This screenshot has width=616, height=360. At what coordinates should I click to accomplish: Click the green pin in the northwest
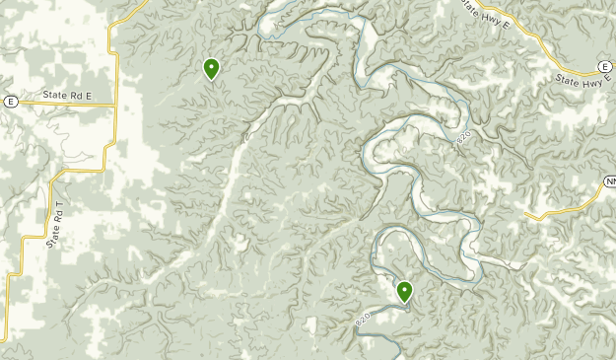(x=211, y=69)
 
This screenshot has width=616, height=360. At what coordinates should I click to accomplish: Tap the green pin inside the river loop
(x=404, y=291)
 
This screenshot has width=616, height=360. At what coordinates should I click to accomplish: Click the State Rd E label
(x=66, y=95)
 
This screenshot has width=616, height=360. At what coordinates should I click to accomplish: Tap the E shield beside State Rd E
(x=10, y=101)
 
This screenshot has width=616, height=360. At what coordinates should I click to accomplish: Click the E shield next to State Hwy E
(x=604, y=66)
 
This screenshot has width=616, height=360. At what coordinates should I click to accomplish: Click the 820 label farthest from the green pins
(x=465, y=138)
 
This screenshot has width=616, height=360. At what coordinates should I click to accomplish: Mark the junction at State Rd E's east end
(x=117, y=105)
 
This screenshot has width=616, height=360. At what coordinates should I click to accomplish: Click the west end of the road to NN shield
(x=528, y=213)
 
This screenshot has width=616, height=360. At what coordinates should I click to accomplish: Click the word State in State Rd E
(x=53, y=95)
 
